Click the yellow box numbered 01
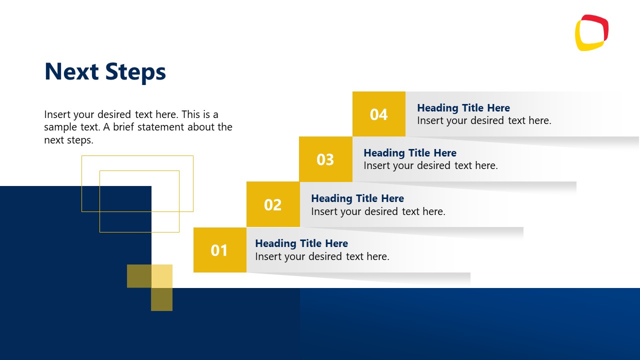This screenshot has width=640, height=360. coord(219,250)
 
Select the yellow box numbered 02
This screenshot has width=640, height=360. coord(273,204)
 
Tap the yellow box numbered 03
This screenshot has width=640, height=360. coord(325,159)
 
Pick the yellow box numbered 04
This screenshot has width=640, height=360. coord(378,114)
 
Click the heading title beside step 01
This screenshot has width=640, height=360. coord(301,243)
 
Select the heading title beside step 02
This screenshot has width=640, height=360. coord(357,198)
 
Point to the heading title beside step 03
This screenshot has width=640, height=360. coord(410,153)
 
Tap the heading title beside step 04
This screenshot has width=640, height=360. coord(463,108)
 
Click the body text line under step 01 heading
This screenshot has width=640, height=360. coord(322,256)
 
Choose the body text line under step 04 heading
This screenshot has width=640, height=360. coord(484,120)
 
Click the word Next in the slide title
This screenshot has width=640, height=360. coord(71,71)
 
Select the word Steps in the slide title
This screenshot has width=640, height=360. coord(135,72)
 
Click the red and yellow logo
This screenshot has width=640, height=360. coord(591,33)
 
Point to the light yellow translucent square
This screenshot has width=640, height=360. coord(162,276)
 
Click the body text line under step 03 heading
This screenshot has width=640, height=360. coord(430,165)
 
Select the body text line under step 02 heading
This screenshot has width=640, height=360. coord(378,211)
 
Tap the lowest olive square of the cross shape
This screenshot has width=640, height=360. coord(162,299)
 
